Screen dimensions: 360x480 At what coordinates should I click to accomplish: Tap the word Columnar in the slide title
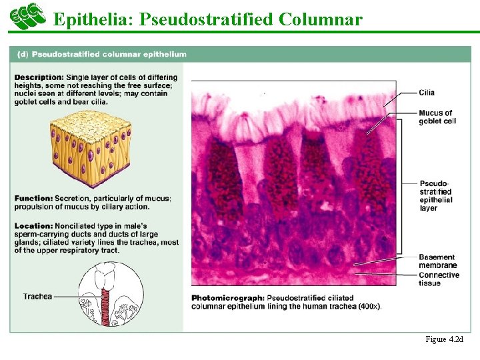click(321, 19)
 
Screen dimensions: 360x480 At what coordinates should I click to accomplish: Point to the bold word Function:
click(33, 198)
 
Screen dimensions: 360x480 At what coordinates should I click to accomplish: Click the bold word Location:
click(33, 226)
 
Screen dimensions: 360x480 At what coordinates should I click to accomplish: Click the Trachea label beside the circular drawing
click(37, 296)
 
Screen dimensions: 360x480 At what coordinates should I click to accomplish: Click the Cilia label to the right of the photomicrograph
click(427, 93)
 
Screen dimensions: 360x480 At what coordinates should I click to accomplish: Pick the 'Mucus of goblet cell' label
click(437, 117)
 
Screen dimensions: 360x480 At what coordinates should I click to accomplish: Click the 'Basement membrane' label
click(437, 261)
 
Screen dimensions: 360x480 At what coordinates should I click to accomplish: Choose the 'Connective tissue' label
click(439, 279)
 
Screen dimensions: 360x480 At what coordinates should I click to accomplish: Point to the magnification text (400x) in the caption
click(369, 306)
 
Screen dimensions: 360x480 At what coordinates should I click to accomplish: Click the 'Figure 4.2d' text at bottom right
click(444, 339)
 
